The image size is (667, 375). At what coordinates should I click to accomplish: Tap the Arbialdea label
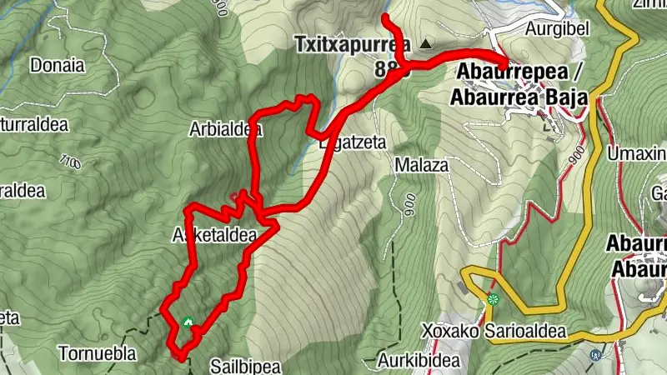pyautogui.click(x=226, y=130)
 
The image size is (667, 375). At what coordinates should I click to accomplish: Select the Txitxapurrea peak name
pyautogui.click(x=353, y=44)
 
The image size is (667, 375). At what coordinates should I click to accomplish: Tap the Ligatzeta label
pyautogui.click(x=354, y=142)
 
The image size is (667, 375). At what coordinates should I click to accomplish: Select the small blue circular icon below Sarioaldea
pyautogui.click(x=594, y=355)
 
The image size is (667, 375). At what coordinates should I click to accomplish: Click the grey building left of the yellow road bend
pyautogui.click(x=463, y=287)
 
